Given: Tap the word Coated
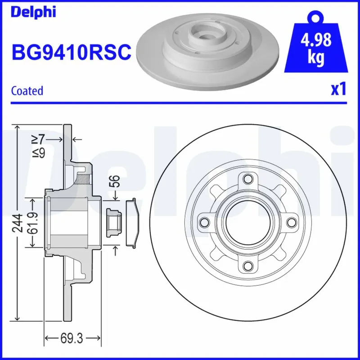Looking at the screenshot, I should [x=27, y=90].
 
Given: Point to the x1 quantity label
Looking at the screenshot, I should [x=338, y=90].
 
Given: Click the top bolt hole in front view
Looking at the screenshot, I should [x=248, y=178].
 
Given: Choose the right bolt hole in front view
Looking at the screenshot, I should [x=292, y=222].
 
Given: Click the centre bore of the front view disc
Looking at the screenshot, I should [x=248, y=222].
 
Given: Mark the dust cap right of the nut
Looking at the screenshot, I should [x=131, y=222].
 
